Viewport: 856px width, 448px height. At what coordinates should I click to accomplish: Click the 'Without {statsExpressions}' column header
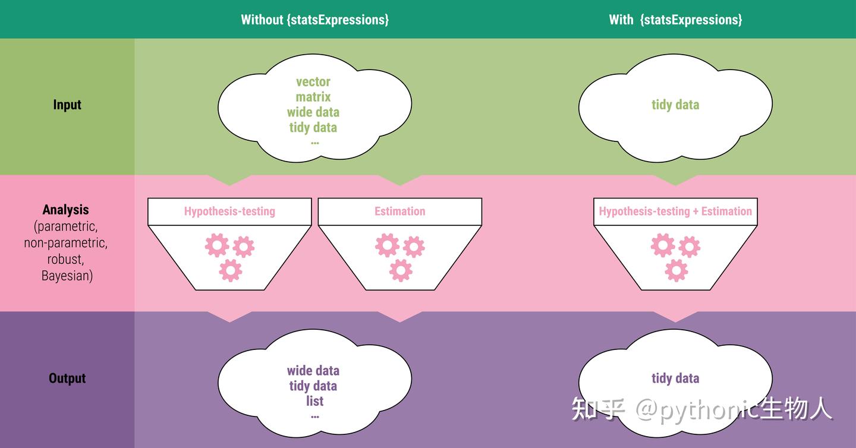coord(314,20)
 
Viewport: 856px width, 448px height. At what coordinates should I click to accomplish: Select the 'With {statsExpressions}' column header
coord(675,20)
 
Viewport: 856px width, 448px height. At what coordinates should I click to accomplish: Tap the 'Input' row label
coord(67,105)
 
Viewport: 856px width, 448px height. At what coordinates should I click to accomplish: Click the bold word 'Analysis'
coord(66,210)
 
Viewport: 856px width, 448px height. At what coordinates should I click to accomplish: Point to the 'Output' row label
coord(67,378)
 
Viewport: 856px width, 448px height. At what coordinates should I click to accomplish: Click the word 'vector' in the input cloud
coord(313,82)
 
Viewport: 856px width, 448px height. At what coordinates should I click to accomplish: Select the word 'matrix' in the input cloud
coord(313,97)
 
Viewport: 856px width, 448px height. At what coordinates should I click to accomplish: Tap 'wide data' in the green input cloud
coord(313,112)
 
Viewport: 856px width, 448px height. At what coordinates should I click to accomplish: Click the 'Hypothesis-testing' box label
coord(229,211)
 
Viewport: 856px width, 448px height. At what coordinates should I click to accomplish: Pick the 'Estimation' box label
coord(399,211)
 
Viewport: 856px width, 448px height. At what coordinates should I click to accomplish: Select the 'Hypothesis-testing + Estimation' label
coord(675,211)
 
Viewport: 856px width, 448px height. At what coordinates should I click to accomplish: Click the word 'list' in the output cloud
coord(314,401)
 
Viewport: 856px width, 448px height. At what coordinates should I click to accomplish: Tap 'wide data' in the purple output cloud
coord(313,371)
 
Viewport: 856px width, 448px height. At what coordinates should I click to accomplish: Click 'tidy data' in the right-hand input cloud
coord(675,105)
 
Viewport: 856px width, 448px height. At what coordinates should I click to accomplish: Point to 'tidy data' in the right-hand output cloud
coord(675,378)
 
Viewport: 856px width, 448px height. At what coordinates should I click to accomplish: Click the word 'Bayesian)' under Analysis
coord(67,276)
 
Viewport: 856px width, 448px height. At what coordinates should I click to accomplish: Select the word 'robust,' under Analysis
coord(66,259)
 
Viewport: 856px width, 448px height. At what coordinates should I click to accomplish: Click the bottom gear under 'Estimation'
coord(401,270)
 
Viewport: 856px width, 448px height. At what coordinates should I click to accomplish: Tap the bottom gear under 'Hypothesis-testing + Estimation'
coord(676,270)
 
